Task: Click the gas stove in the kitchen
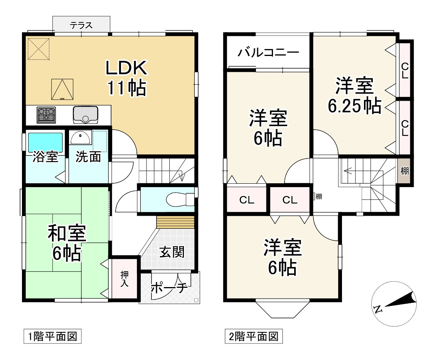coord(46,115)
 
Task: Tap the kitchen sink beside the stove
coord(86,115)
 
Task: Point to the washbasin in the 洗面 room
coord(81,137)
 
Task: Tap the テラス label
coord(81,25)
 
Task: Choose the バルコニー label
coord(268,52)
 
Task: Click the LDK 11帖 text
coord(126,78)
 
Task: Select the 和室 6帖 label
coord(67,243)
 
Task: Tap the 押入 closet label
coord(125,279)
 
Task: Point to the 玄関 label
coord(172,252)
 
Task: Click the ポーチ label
coord(169,288)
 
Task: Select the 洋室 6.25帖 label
coord(355,96)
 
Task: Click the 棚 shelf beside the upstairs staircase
coord(404,171)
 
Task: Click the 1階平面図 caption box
coord(52,336)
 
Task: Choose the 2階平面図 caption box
coord(254,336)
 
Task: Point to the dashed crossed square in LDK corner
coord(39,49)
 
